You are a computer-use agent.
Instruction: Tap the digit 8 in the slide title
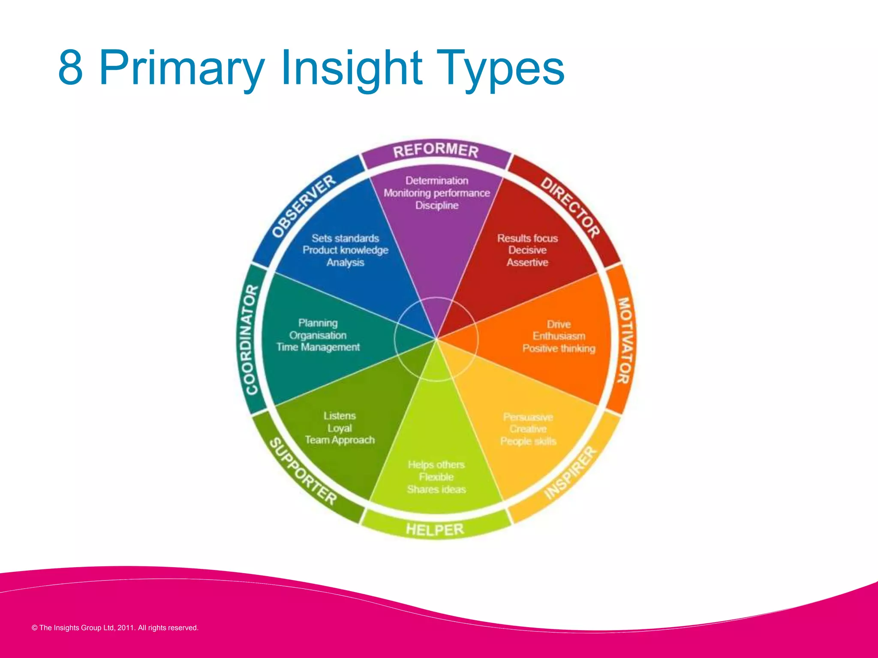point(70,68)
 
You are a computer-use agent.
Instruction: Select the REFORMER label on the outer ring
point(436,150)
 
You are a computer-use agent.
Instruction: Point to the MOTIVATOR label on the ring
point(623,341)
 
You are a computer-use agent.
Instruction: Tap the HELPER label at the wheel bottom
point(435,529)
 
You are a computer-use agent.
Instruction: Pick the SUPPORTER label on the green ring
point(302,472)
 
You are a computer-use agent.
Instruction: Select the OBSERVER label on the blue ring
point(304,206)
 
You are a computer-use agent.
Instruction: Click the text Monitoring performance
point(436,193)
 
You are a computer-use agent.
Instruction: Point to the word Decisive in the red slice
point(527,250)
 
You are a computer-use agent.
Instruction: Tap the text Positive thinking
point(559,348)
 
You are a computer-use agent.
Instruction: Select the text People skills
point(528,441)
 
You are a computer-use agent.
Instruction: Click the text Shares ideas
point(436,489)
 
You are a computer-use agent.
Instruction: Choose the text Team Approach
point(340,440)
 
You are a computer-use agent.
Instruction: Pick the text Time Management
point(318,347)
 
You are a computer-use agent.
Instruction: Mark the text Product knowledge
point(345,250)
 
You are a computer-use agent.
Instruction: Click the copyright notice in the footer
point(115,628)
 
